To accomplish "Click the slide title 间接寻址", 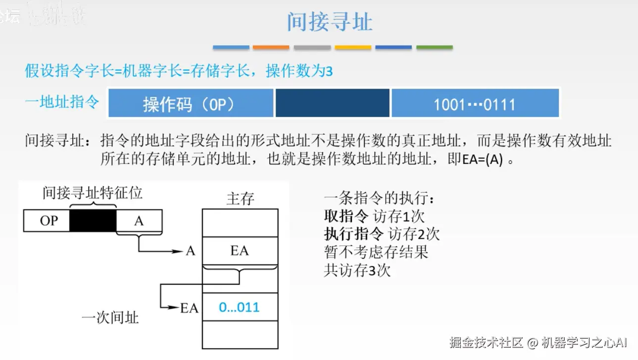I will (x=330, y=22).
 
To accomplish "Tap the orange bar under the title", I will (x=271, y=48).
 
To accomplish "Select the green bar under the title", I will (x=434, y=48).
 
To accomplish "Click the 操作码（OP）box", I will (x=191, y=103).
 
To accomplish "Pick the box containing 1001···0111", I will (x=475, y=103).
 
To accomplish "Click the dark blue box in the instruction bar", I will (x=332, y=103).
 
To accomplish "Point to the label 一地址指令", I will (x=62, y=103).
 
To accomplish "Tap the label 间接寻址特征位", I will (x=93, y=193).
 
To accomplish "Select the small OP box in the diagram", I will (x=47, y=221).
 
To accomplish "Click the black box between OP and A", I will (x=93, y=221).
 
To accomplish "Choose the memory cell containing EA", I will (x=240, y=251).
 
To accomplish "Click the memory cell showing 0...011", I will (x=240, y=308).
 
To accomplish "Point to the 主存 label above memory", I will (x=240, y=199).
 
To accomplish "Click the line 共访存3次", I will (x=357, y=270).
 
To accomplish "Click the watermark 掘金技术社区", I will (x=486, y=343).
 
